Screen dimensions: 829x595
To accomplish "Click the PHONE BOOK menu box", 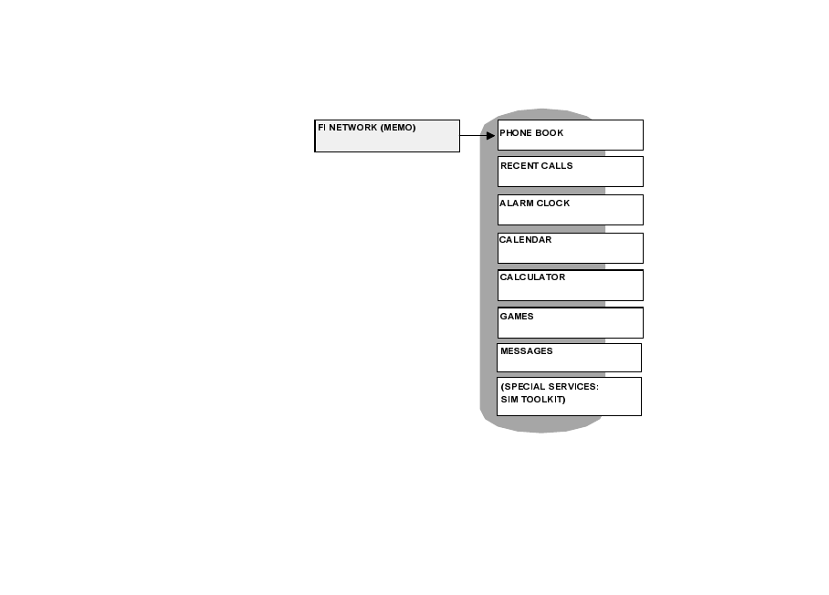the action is click(x=570, y=134).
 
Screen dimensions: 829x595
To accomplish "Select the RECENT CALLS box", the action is click(x=570, y=172).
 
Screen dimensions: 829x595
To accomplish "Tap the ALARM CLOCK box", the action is click(x=570, y=209).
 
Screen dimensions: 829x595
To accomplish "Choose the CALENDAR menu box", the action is click(x=570, y=247).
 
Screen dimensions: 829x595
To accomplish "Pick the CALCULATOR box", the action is click(x=570, y=285).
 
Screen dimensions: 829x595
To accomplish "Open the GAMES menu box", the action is click(x=570, y=322).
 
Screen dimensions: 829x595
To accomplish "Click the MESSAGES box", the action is click(x=569, y=357).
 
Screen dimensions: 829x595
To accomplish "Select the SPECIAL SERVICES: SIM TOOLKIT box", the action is click(x=569, y=396).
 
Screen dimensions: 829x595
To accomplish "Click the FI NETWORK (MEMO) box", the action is click(x=387, y=136).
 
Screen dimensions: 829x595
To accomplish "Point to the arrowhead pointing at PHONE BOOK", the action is click(x=490, y=135).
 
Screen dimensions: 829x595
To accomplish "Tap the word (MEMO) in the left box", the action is click(x=398, y=128).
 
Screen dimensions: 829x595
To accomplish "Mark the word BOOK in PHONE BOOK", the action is click(x=550, y=133).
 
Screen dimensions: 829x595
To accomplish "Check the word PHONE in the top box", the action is click(x=516, y=133).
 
